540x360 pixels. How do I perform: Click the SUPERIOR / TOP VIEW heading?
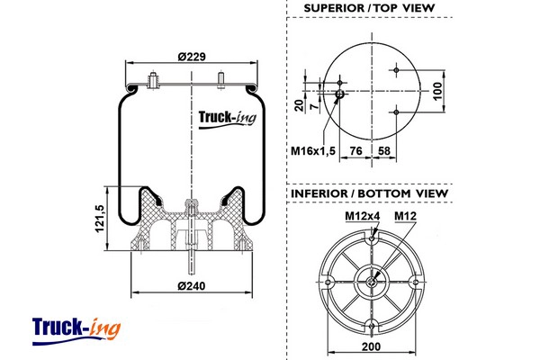click(369, 9)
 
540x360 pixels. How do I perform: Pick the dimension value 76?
click(356, 150)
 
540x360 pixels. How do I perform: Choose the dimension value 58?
click(384, 150)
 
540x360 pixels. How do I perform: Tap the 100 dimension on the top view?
click(438, 90)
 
